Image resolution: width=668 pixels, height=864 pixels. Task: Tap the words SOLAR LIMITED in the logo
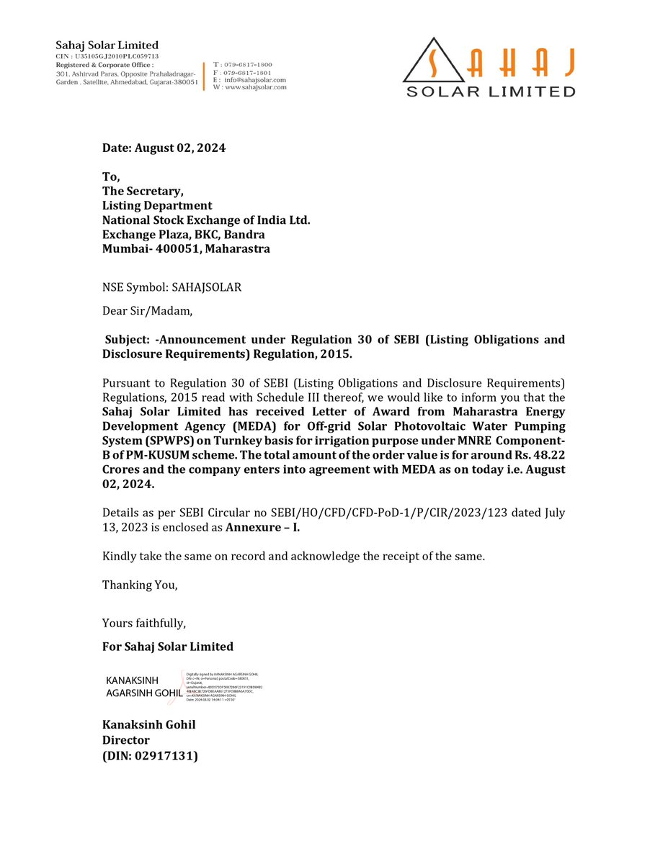pyautogui.click(x=491, y=91)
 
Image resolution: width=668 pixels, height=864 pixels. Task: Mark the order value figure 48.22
pyautogui.click(x=549, y=455)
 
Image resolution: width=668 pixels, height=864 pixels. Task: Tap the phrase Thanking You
pyautogui.click(x=140, y=585)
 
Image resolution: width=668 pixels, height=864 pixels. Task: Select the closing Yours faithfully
pyautogui.click(x=144, y=623)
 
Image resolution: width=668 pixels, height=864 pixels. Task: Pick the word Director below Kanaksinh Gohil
pyautogui.click(x=126, y=740)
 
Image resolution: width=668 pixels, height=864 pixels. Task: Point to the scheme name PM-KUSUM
pyautogui.click(x=141, y=455)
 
